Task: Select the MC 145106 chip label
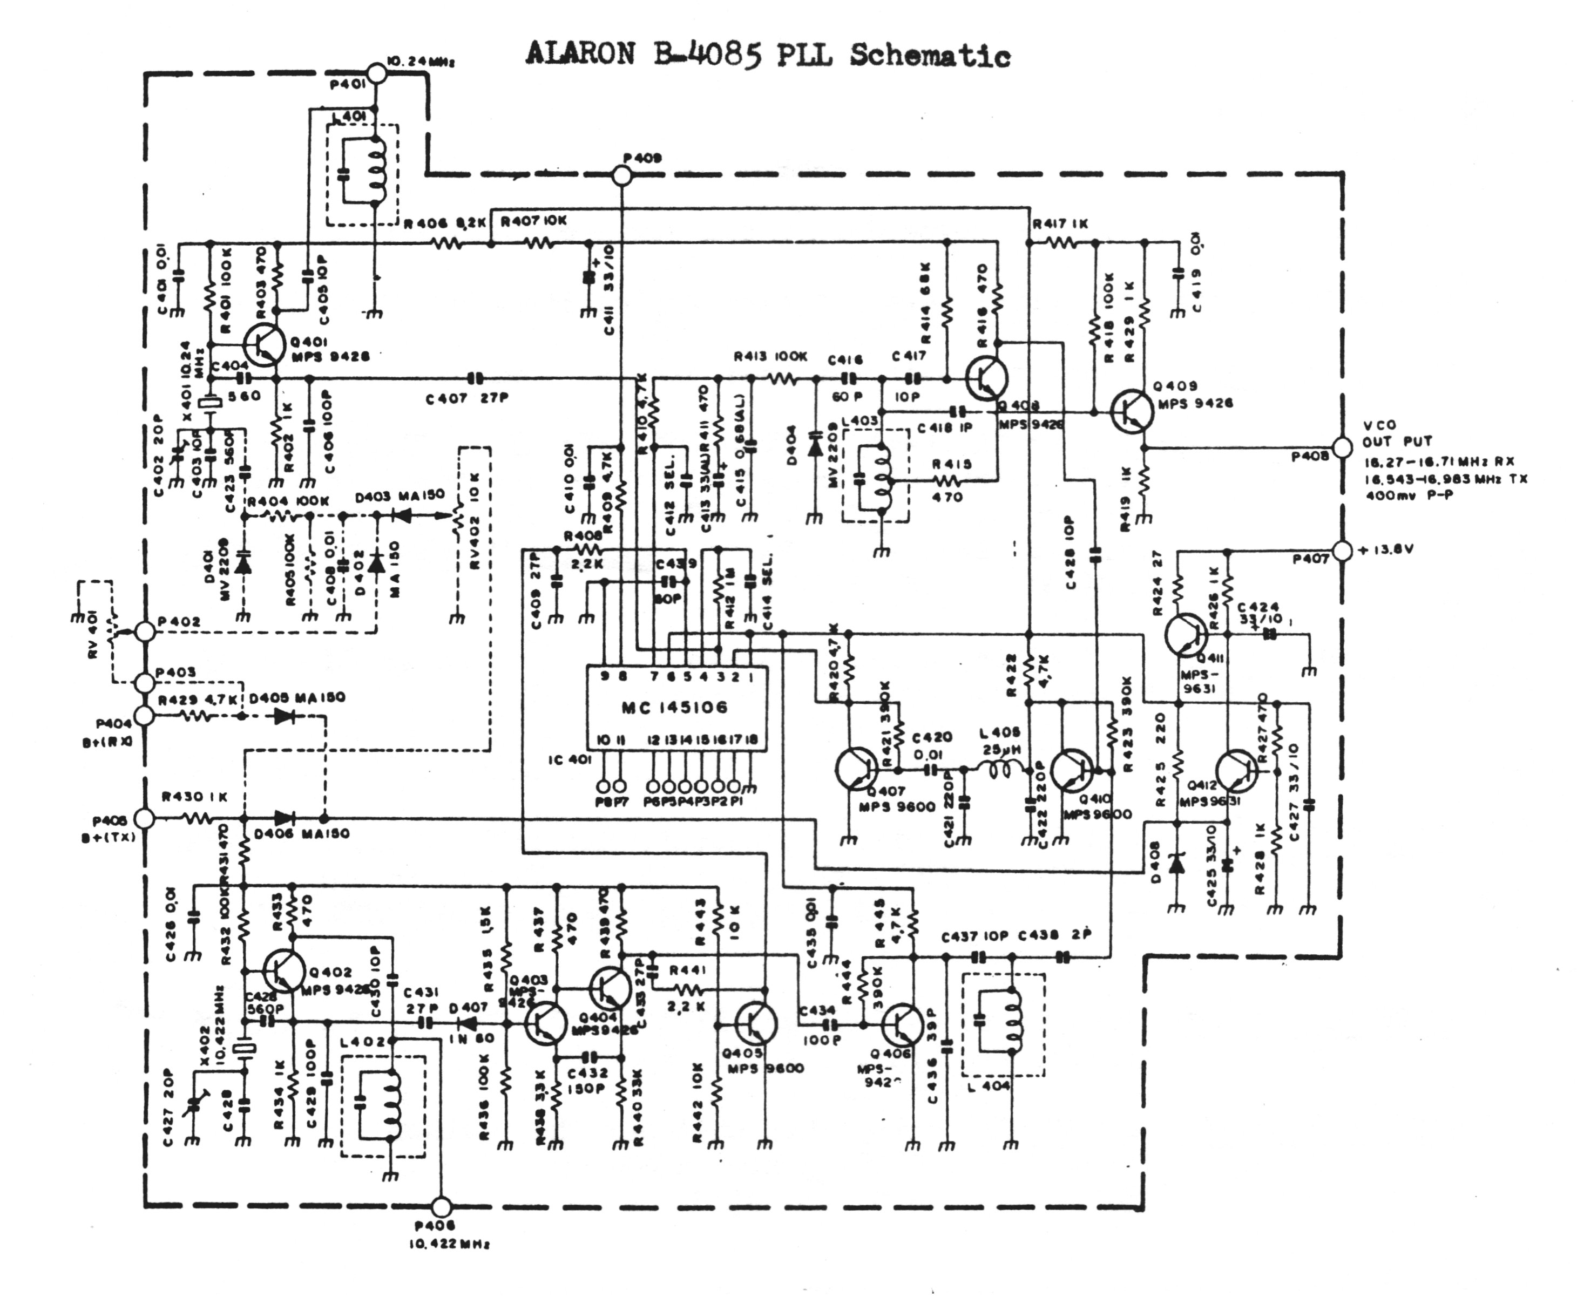pos(675,706)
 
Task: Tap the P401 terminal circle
pos(377,73)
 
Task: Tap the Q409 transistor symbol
pos(1132,412)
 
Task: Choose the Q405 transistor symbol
pos(756,1023)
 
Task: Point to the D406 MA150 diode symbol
pos(284,819)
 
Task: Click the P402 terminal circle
pos(145,631)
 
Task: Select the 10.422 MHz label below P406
pos(449,1245)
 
